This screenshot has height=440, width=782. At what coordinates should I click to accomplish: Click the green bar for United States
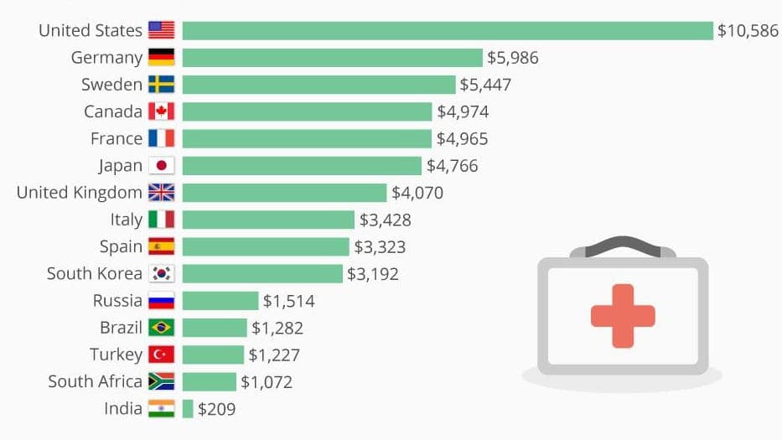(448, 30)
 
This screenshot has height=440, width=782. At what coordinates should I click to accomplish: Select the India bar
(188, 409)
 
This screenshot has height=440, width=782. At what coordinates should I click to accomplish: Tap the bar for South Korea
(262, 274)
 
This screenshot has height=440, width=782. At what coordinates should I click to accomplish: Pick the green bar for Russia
(220, 301)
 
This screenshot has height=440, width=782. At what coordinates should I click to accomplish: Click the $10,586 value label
(748, 31)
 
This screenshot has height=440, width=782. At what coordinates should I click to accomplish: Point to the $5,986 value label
(513, 58)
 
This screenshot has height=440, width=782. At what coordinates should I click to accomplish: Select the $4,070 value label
(417, 193)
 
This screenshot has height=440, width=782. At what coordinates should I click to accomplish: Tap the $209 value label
(217, 410)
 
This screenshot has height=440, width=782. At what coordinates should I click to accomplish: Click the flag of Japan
(161, 166)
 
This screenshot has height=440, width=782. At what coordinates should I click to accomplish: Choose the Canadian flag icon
(161, 111)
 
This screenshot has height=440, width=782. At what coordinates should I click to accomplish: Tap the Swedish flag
(161, 85)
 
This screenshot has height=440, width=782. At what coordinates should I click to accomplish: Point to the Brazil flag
(161, 328)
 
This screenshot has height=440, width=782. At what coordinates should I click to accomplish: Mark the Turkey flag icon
(161, 355)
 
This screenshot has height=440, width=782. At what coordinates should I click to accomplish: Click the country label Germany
(106, 58)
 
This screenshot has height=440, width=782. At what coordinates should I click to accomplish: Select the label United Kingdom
(80, 193)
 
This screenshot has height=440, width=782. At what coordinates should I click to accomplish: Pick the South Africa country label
(95, 382)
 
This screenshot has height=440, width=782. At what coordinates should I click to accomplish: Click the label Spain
(121, 246)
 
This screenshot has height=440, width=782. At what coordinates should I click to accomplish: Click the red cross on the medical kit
(622, 315)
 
